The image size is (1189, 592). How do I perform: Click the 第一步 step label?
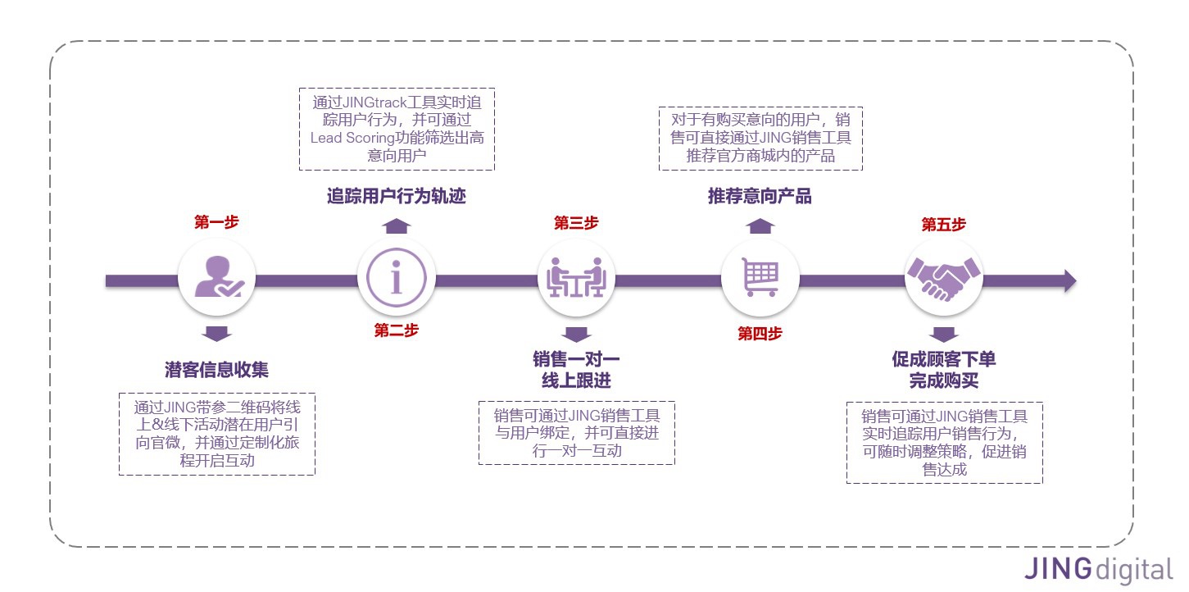tap(216, 222)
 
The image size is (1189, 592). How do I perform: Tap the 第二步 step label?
tap(396, 330)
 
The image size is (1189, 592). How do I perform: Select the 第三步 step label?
tap(576, 222)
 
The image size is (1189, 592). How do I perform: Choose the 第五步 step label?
tap(943, 224)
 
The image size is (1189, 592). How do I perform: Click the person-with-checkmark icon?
tap(217, 277)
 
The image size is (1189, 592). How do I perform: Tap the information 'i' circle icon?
tap(397, 277)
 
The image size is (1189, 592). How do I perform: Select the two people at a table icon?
tap(576, 277)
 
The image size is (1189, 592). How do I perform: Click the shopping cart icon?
tap(760, 277)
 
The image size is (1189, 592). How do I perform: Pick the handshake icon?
tap(943, 277)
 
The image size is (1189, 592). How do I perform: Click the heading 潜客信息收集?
tap(216, 370)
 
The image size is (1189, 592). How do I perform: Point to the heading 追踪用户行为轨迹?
tap(397, 197)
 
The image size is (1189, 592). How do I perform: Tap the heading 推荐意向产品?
tap(760, 197)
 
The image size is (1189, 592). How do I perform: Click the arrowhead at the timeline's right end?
tap(1069, 280)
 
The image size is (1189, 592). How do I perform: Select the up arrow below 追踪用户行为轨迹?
tap(397, 226)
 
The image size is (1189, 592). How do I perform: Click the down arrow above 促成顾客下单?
tap(943, 335)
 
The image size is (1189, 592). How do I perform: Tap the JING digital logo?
tap(1097, 569)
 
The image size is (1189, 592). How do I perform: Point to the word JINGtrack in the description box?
tap(383, 103)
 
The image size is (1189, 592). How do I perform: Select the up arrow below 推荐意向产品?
tap(760, 226)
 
